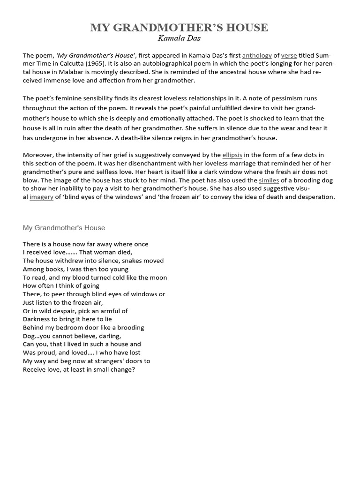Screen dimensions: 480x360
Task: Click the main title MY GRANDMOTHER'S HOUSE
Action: [179, 28]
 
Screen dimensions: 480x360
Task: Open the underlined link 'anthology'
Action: [256, 55]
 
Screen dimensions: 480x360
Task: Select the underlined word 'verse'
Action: [289, 55]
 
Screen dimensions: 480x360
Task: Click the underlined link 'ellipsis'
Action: [232, 155]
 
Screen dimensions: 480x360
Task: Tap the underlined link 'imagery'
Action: [41, 197]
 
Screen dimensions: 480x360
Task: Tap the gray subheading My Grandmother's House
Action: [64, 228]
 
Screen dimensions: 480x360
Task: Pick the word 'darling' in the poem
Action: [109, 336]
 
